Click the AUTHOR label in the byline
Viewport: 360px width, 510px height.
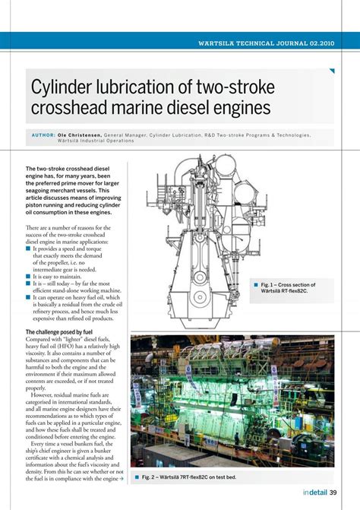click(44, 135)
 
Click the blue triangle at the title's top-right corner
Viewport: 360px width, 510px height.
click(331, 71)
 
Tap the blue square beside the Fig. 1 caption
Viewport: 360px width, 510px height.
click(257, 284)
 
